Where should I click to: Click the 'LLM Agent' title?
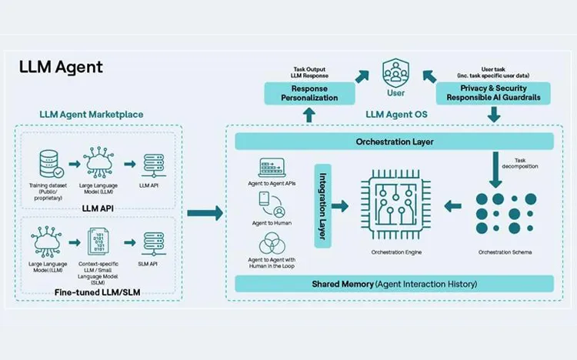pyautogui.click(x=61, y=67)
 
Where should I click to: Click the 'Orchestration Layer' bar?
pyautogui.click(x=394, y=142)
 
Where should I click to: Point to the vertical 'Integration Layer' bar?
pyautogui.click(x=322, y=206)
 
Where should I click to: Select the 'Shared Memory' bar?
pyautogui.click(x=394, y=284)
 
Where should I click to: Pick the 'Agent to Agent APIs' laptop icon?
pyautogui.click(x=272, y=167)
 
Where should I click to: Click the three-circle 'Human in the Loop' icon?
pyautogui.click(x=272, y=245)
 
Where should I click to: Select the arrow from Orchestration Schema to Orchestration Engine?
pyautogui.click(x=455, y=206)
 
